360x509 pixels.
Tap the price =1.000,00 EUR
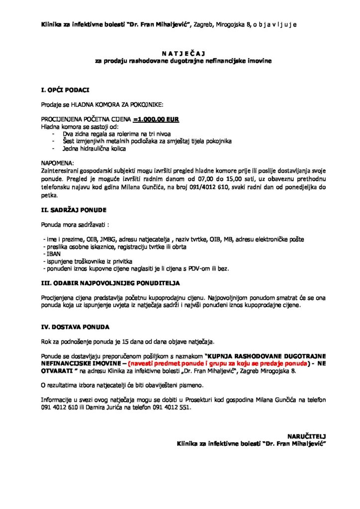156,120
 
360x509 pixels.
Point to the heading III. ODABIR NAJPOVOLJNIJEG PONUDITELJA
110,283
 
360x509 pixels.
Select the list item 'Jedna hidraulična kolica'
94,149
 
